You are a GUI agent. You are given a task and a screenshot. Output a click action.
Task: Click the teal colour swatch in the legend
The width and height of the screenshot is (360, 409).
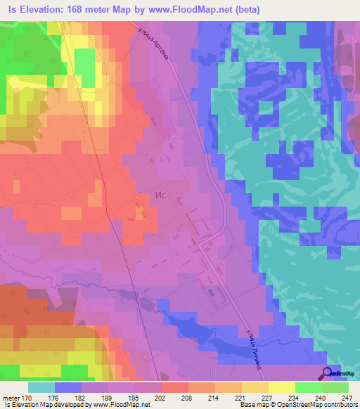(41, 387)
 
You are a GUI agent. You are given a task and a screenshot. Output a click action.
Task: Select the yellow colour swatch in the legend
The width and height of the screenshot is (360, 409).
(282, 387)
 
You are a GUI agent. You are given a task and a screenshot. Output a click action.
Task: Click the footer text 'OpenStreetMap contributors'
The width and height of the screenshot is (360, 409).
(321, 405)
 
